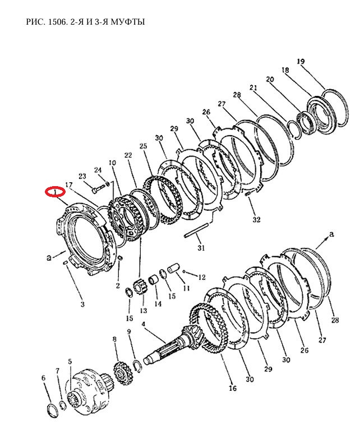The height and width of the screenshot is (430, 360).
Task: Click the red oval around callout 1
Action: [x=56, y=192]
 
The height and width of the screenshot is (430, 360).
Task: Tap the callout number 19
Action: [x=301, y=61]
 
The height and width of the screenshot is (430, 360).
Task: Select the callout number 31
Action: [x=201, y=248]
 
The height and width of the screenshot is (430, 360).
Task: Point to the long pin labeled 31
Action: [x=197, y=230]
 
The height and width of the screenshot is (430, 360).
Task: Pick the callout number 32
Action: [x=256, y=219]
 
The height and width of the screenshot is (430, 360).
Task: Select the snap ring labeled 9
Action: [x=137, y=367]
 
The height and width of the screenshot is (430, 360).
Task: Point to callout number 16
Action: [x=232, y=388]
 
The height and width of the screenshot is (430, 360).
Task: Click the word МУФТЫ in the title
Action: [x=128, y=22]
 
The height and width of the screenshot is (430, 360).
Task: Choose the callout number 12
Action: [x=202, y=277]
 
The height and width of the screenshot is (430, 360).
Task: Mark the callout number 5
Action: [x=70, y=362]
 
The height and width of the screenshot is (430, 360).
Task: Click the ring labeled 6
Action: [x=52, y=410]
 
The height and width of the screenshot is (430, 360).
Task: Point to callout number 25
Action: [x=143, y=146]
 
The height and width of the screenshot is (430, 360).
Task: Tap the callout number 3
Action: [x=82, y=304]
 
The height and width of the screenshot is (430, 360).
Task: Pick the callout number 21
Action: [x=253, y=88]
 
